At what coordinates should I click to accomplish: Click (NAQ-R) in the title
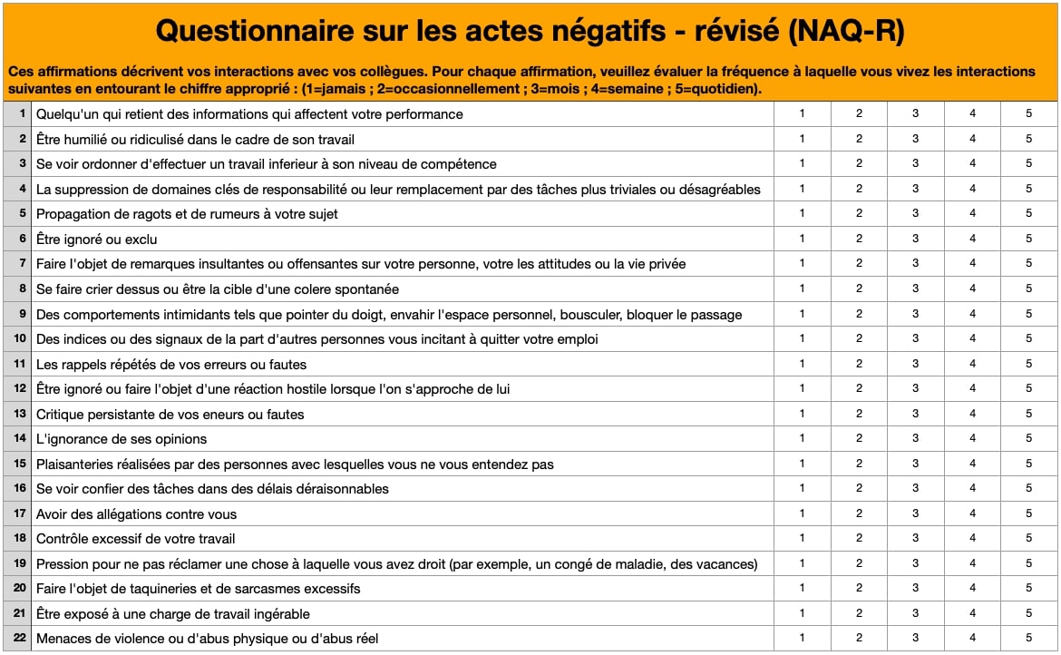(x=847, y=32)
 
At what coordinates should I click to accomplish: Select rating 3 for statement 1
(x=915, y=113)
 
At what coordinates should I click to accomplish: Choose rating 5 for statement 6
(x=1029, y=239)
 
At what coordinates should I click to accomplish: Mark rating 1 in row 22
(x=802, y=638)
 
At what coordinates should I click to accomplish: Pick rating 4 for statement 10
(x=972, y=338)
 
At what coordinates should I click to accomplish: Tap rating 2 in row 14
(x=859, y=438)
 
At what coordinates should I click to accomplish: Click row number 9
(x=21, y=314)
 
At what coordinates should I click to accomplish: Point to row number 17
(x=19, y=513)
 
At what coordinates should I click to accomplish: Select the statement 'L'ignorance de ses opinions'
(x=122, y=439)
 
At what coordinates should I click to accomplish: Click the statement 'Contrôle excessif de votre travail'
(x=135, y=539)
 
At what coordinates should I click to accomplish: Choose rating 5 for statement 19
(x=1029, y=563)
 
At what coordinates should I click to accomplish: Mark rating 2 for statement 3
(x=859, y=163)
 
